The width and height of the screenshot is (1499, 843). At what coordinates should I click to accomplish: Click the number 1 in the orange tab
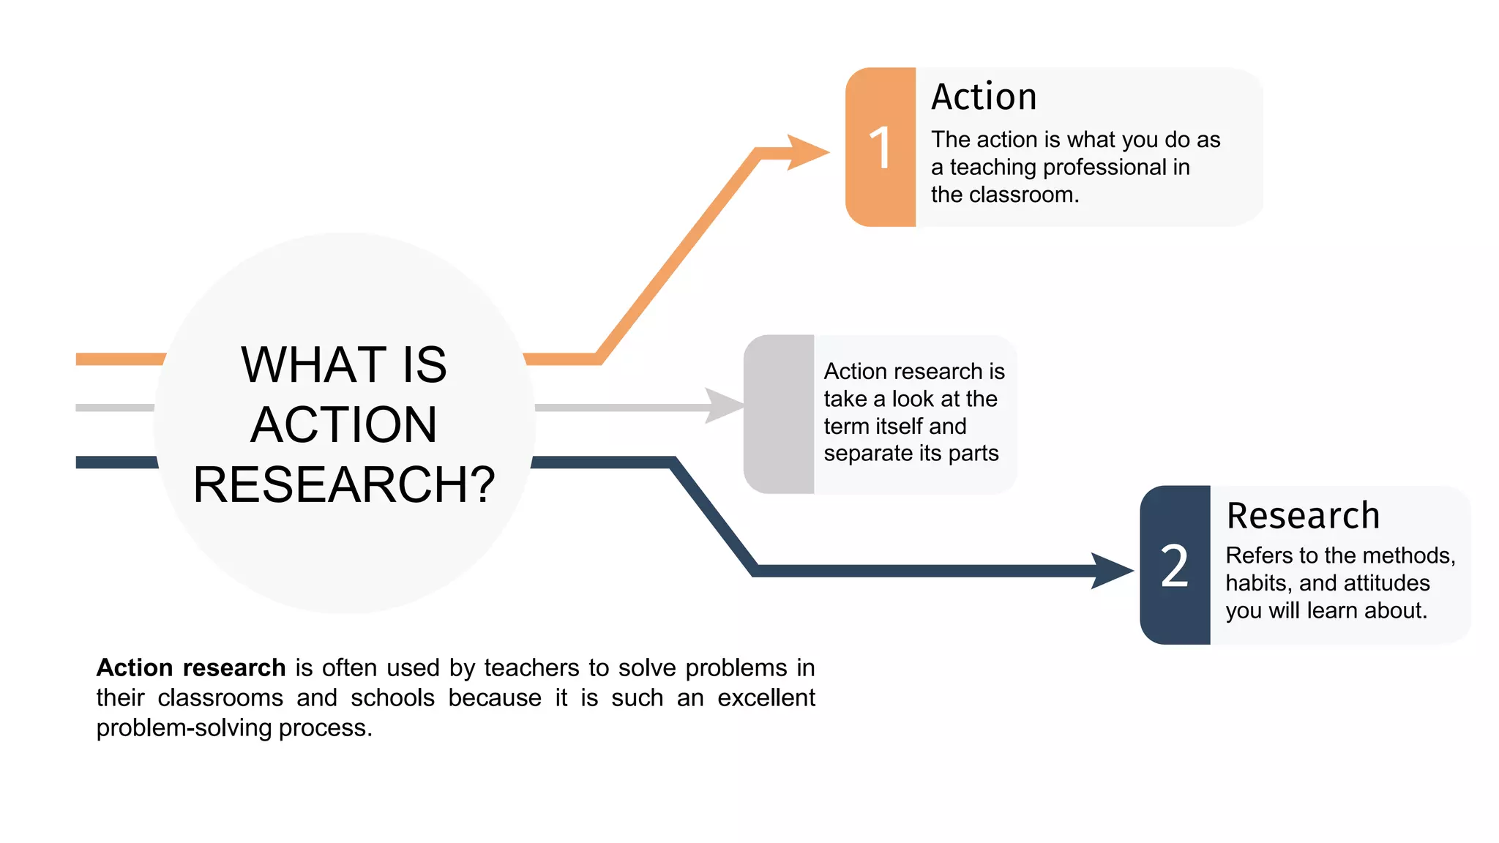point(881,148)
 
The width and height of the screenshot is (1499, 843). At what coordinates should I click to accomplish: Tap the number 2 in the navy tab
point(1175,566)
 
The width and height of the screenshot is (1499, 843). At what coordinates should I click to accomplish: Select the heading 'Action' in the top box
point(984,97)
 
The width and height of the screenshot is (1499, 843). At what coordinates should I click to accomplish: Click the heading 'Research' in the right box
point(1303,516)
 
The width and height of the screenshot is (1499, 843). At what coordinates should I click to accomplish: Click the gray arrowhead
point(724,406)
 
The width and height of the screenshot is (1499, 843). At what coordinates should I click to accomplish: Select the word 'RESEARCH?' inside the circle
point(344,485)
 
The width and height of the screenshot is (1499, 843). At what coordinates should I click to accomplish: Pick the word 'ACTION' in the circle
point(344,425)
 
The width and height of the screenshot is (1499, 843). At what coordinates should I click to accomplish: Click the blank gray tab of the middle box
point(779,414)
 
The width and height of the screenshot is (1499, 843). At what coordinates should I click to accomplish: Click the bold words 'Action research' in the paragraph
point(191,668)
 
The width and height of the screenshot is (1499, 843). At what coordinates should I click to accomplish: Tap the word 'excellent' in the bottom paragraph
point(766,698)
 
